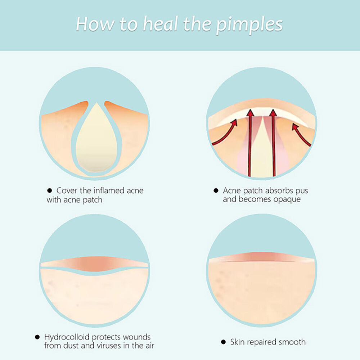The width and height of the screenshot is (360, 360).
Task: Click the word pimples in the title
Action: click(x=249, y=25)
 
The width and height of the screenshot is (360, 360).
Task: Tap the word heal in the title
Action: click(x=160, y=24)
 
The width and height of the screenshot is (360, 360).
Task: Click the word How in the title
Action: click(x=95, y=24)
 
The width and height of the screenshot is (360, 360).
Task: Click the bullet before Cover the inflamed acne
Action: click(x=49, y=190)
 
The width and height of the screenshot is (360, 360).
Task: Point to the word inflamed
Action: click(x=109, y=190)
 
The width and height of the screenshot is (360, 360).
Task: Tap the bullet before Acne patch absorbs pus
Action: click(x=216, y=190)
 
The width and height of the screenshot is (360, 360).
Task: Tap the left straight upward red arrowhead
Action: click(x=250, y=113)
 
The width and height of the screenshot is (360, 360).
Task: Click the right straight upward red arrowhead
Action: click(x=273, y=113)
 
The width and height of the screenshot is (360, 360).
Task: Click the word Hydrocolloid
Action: click(x=67, y=337)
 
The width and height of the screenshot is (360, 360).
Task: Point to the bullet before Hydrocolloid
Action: click(x=37, y=337)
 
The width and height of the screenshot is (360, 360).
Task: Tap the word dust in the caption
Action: click(x=71, y=346)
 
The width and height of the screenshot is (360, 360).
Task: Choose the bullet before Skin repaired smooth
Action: click(x=223, y=342)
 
